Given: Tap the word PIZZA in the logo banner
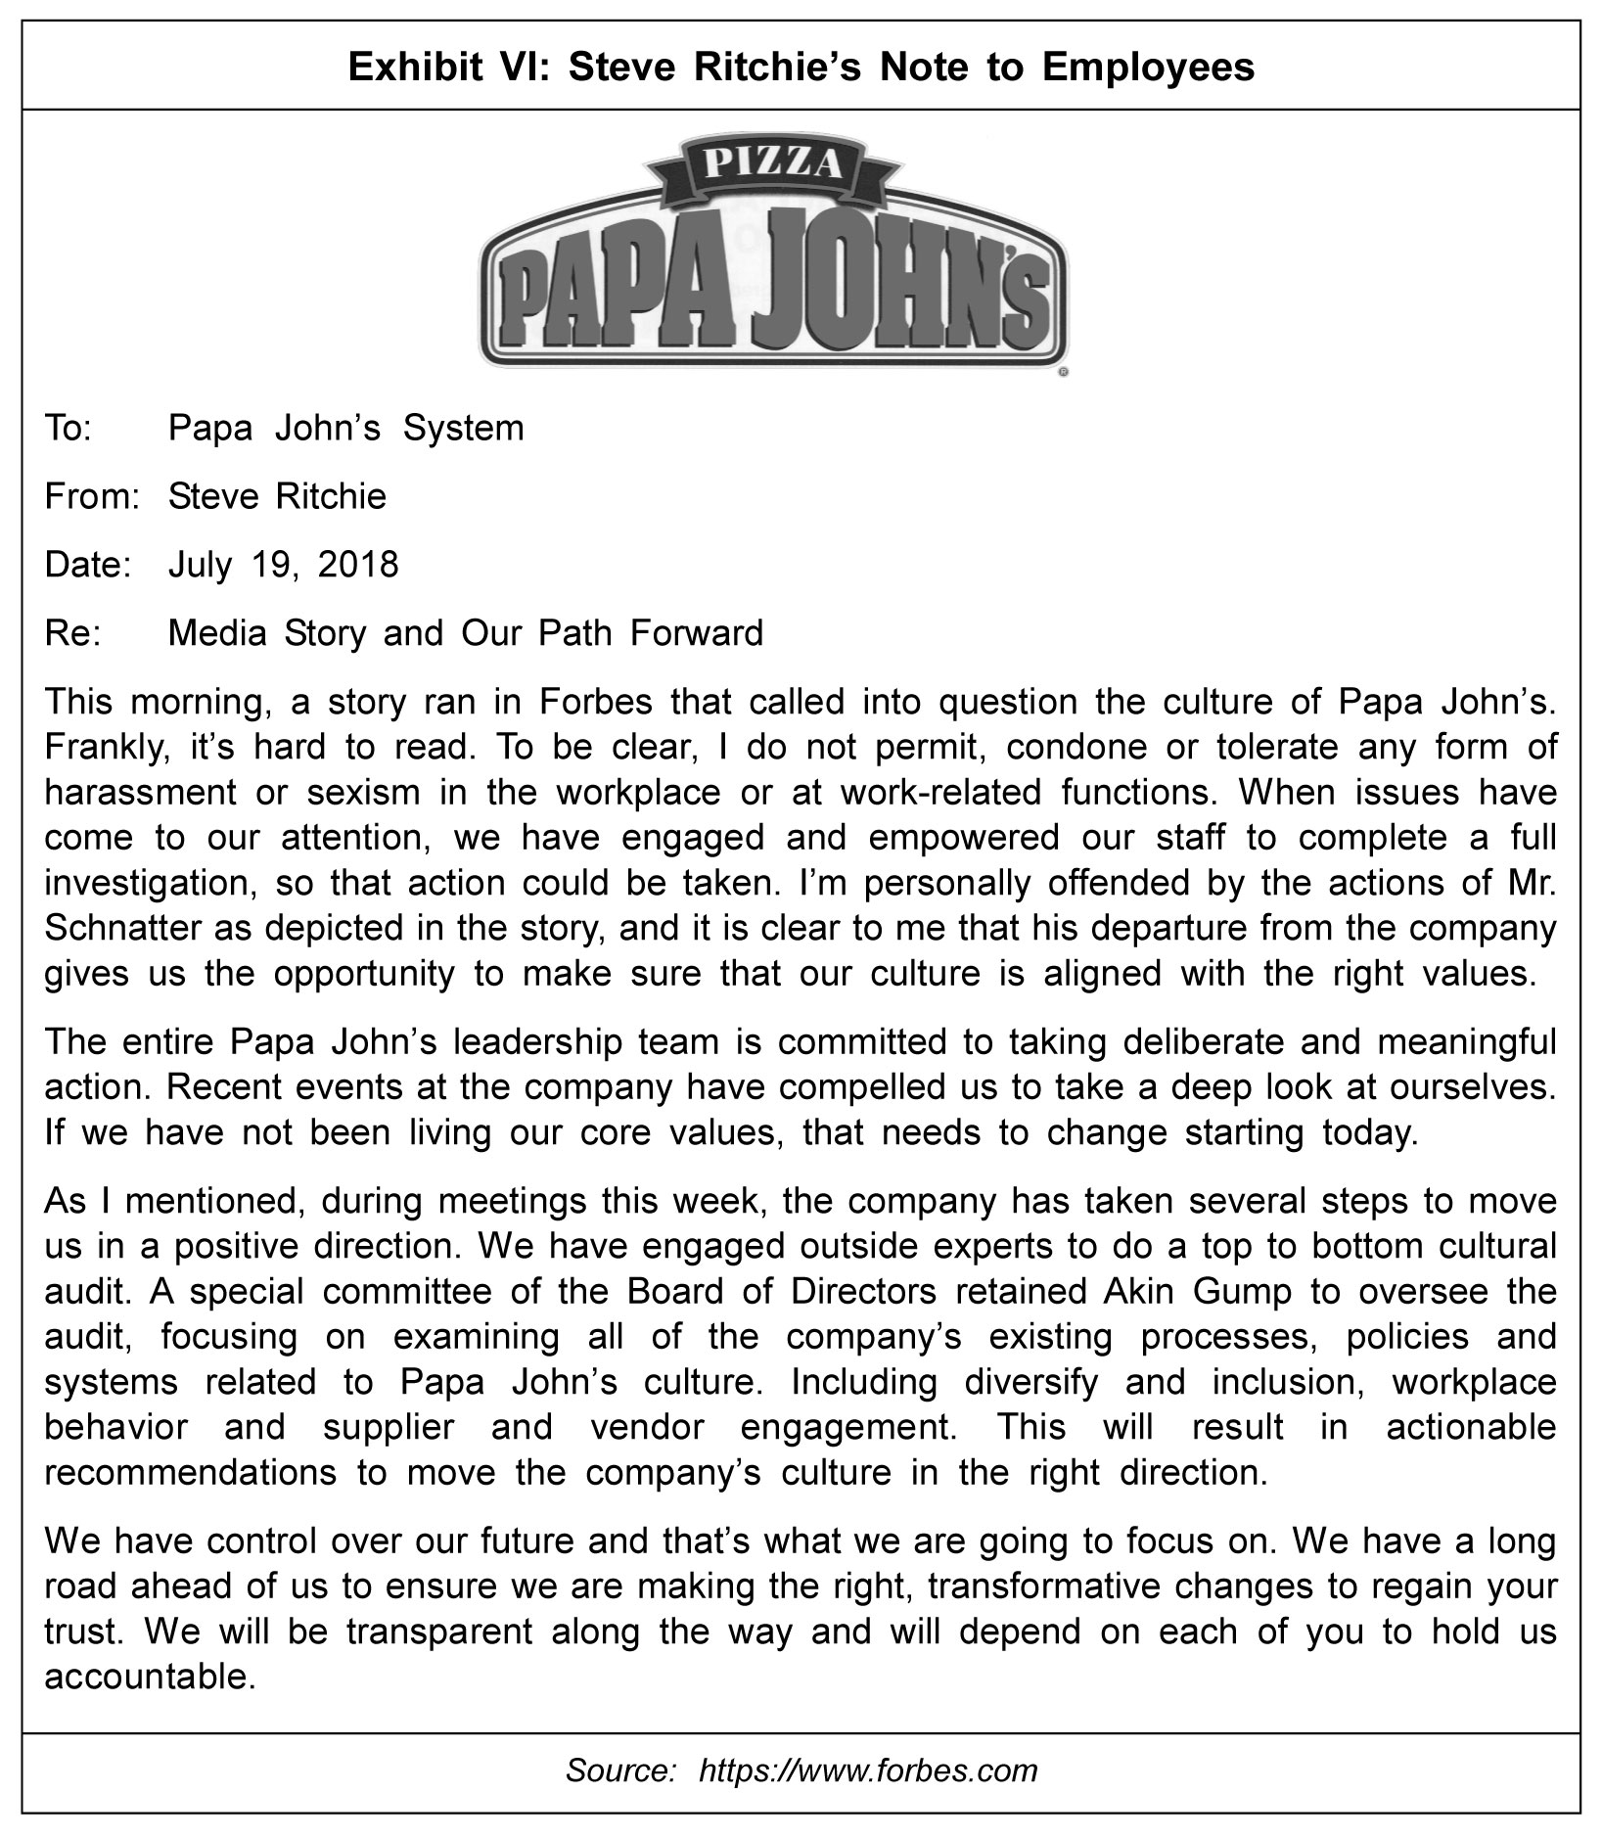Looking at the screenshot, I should pos(774,162).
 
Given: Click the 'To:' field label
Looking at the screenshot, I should pos(68,429).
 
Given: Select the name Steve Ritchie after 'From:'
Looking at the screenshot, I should pos(277,496).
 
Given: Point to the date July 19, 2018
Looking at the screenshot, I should pos(284,565).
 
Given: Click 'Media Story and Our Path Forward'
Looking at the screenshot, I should pos(466,633).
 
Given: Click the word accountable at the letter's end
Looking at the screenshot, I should pos(150,1677).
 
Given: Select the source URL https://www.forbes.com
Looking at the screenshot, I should pos(868,1770).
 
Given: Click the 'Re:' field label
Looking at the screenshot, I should pos(69,633).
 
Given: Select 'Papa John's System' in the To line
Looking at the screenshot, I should pos(346,429).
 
